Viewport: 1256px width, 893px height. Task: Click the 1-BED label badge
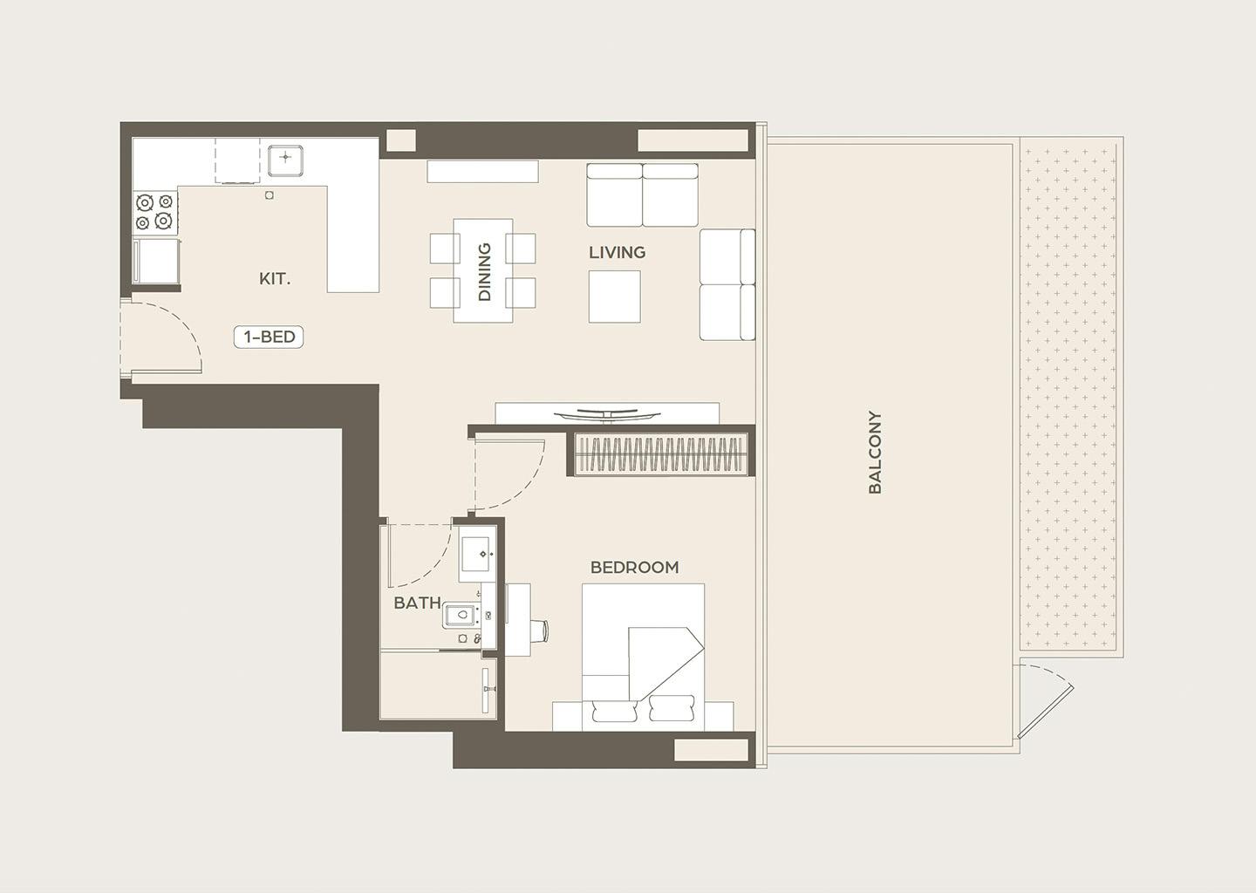click(x=269, y=337)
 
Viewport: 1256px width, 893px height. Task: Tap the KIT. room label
click(x=275, y=278)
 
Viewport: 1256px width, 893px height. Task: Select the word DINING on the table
click(x=484, y=272)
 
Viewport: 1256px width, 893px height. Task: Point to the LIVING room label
click(x=617, y=252)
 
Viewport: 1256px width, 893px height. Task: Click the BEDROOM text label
click(x=634, y=568)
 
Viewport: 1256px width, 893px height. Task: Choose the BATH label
click(x=417, y=603)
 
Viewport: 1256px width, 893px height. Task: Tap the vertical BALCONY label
click(x=875, y=453)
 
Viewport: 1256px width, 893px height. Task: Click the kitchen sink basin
click(x=285, y=160)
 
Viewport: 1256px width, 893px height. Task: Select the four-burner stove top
click(x=155, y=212)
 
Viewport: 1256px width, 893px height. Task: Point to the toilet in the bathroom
click(x=461, y=615)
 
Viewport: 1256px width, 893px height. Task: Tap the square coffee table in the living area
click(x=615, y=297)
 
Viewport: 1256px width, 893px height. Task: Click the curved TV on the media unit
click(x=606, y=415)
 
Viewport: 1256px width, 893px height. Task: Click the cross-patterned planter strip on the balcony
click(x=1068, y=397)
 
